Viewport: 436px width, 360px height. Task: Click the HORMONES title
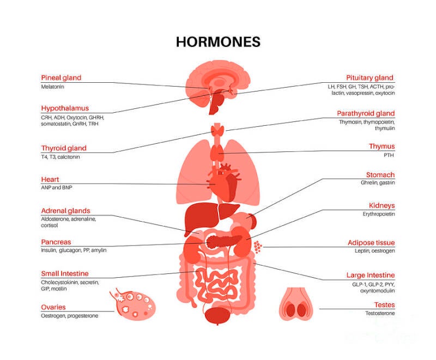(218, 42)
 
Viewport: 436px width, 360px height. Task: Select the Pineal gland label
(61, 78)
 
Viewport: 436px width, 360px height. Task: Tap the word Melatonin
(53, 87)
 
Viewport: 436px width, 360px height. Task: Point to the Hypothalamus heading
(65, 108)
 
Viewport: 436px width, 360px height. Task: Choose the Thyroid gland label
(64, 148)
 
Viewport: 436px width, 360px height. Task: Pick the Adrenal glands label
(65, 211)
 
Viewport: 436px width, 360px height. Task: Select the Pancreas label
(56, 242)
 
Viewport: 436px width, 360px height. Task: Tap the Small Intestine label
(64, 273)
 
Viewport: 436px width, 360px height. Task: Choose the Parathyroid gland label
(366, 113)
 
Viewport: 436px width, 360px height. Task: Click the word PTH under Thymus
(389, 155)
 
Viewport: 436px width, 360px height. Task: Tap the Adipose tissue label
(371, 242)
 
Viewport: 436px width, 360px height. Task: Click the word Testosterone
(380, 314)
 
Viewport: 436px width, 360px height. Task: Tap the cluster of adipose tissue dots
(257, 247)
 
